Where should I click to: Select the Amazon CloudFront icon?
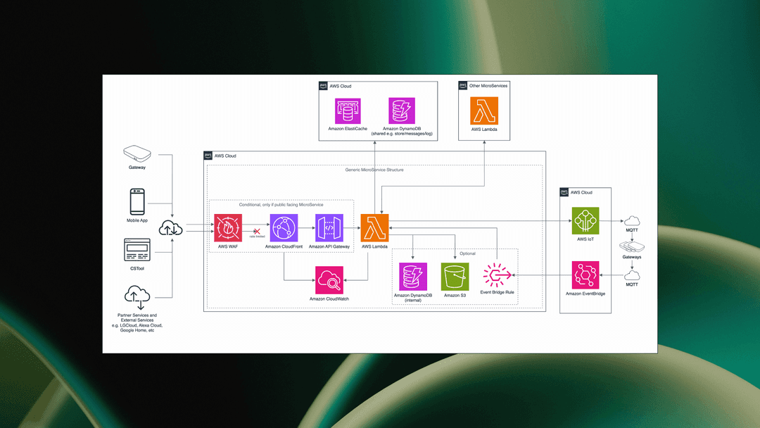click(284, 228)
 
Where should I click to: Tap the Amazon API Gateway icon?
click(329, 228)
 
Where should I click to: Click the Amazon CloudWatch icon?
click(329, 281)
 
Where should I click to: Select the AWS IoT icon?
click(585, 220)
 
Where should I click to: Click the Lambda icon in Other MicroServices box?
click(484, 111)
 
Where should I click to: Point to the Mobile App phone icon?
click(137, 201)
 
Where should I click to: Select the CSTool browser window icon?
click(137, 250)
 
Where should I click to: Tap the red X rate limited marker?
click(257, 230)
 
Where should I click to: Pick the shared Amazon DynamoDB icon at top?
click(402, 111)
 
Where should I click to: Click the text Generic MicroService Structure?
click(374, 170)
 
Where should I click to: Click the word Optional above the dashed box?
click(467, 253)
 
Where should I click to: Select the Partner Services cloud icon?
click(137, 296)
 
